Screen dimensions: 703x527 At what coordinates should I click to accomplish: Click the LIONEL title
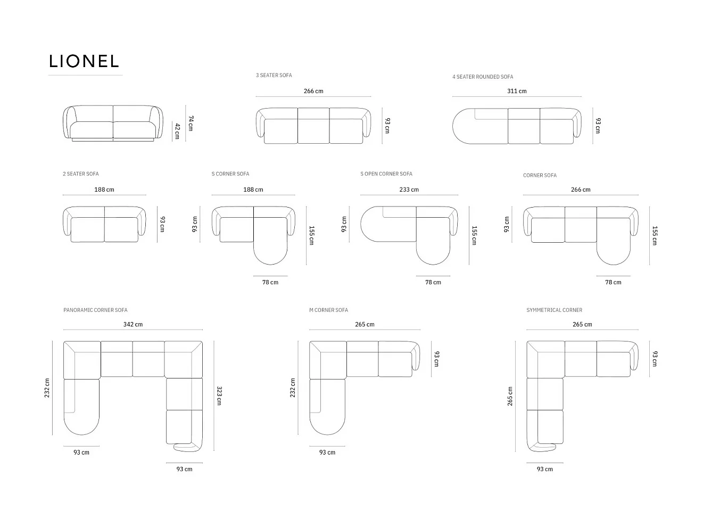point(84,61)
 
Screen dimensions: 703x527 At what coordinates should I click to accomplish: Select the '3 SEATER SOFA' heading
point(274,75)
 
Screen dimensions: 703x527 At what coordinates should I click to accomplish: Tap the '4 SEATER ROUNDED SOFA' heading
point(483,77)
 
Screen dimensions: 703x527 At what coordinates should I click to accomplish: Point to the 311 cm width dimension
point(517,91)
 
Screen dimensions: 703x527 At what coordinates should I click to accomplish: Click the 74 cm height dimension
point(191,123)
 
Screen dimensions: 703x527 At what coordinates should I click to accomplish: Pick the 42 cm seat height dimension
point(177,131)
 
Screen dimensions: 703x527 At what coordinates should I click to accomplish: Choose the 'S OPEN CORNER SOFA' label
point(386,174)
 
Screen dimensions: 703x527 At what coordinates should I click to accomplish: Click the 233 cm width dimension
point(409,190)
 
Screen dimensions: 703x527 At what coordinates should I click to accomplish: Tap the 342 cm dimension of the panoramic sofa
point(133,325)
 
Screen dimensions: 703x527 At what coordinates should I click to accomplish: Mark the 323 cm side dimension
point(219,396)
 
